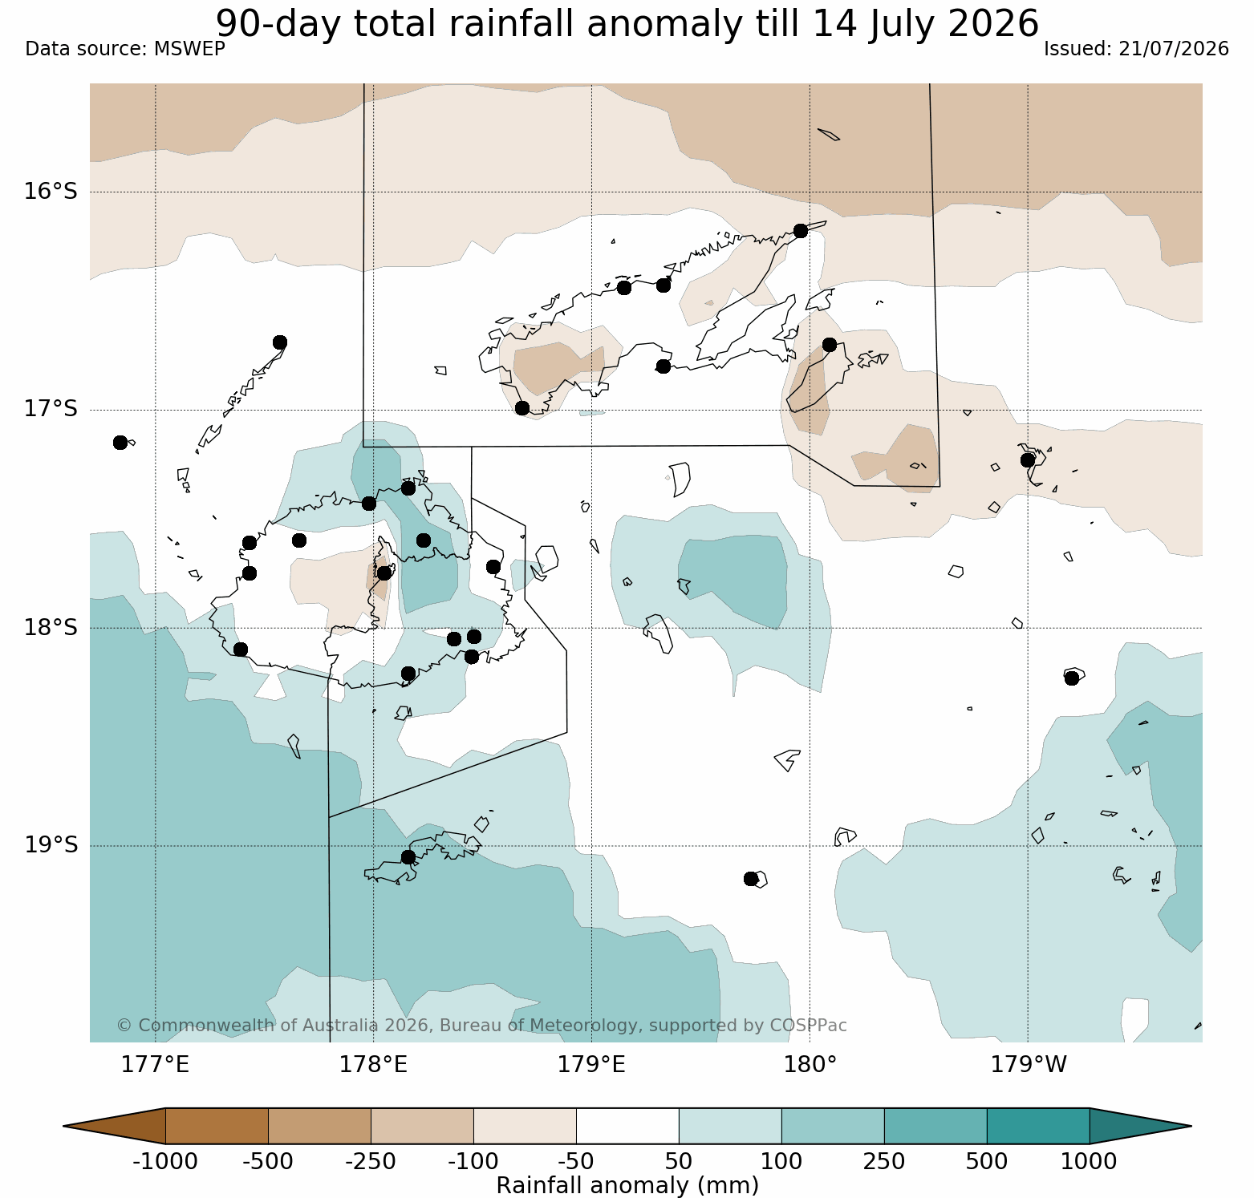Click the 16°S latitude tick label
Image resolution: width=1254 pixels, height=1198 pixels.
coord(51,192)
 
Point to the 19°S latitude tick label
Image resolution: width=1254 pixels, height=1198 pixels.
coord(51,845)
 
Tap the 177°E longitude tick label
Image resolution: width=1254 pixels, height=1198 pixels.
coord(155,1065)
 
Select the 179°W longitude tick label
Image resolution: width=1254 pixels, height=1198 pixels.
coord(1029,1065)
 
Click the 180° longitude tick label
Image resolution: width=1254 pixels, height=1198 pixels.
coord(810,1065)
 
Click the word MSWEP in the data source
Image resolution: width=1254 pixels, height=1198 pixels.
coord(189,49)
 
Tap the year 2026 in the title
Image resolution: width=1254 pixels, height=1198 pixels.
coord(994,23)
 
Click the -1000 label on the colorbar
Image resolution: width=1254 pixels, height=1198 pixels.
coord(165,1161)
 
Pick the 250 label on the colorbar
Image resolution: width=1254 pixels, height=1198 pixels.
coord(884,1161)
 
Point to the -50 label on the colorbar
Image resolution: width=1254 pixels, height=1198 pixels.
coord(576,1161)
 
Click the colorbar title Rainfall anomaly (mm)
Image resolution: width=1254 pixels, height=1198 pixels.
coord(627,1185)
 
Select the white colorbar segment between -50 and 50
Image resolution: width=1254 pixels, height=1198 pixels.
coord(627,1126)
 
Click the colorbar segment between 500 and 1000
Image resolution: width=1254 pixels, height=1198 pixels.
coord(1038,1126)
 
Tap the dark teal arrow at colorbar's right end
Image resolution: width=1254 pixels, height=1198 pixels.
coord(1140,1126)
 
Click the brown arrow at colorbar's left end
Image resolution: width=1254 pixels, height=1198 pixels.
coord(114,1126)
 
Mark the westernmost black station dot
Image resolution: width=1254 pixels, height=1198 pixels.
coord(120,443)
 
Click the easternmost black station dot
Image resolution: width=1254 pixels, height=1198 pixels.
coord(1071,678)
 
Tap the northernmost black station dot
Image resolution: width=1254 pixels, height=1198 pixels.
coord(800,231)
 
